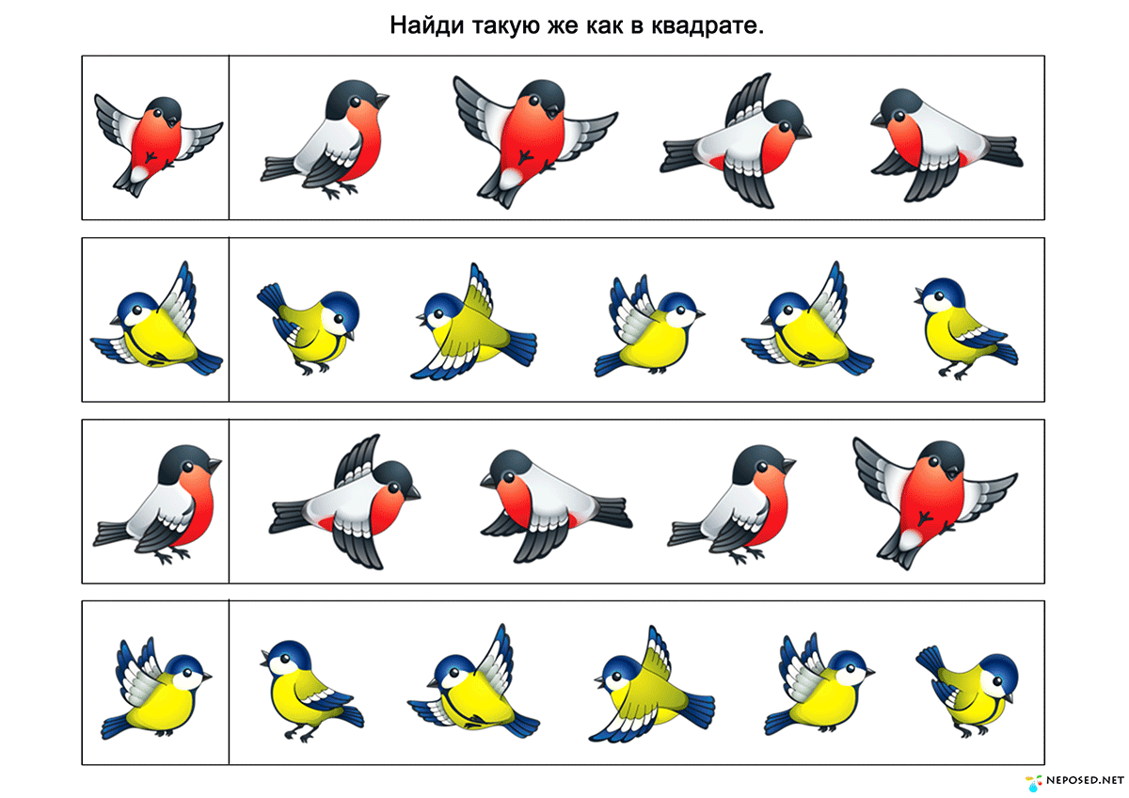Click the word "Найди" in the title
426,25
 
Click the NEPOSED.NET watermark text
1085,781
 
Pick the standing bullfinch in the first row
325,139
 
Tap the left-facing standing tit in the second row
965,328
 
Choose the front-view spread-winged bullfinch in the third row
935,503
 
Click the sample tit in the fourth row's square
156,689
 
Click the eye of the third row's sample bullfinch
188,469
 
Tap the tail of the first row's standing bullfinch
279,168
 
